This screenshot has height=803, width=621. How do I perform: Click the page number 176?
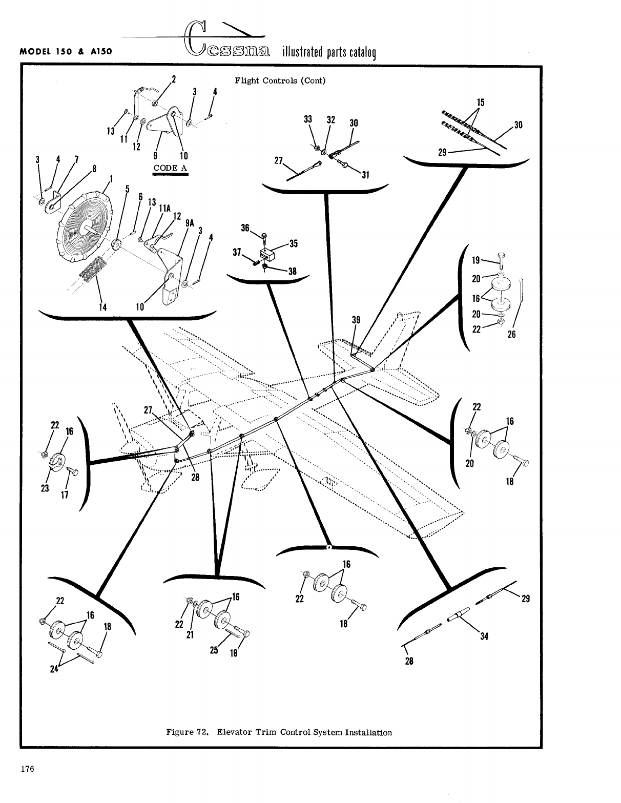point(27,769)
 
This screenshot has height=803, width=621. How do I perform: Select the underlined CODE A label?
point(171,168)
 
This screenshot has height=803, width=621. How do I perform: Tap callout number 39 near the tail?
point(356,320)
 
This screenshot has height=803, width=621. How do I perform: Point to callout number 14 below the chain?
point(102,307)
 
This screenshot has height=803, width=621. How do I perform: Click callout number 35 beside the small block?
point(293,243)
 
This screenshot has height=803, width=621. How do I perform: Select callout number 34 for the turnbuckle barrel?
point(484,637)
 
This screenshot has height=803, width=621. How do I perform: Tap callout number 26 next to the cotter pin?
point(511,334)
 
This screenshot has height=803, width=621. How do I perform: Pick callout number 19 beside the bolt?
point(475,260)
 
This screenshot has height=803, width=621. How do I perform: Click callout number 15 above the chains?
point(480,102)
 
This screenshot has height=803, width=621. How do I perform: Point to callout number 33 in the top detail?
point(308,119)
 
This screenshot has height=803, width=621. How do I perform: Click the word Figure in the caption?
point(178,732)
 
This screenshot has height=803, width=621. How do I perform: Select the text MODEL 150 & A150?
point(66,52)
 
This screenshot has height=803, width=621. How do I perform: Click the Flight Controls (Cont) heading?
point(280,80)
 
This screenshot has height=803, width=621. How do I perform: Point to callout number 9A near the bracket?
point(190,223)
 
